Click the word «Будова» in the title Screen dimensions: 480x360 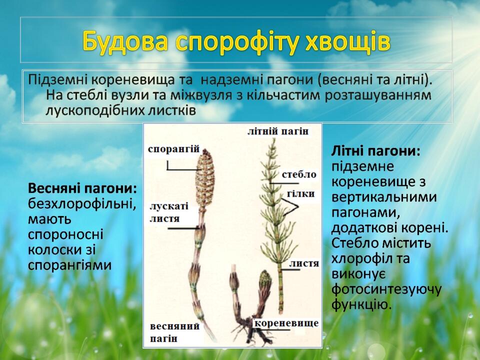[x=125, y=41]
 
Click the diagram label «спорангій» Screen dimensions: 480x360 [x=173, y=149]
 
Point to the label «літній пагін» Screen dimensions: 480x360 [x=278, y=131]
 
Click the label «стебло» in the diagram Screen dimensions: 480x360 [x=299, y=174]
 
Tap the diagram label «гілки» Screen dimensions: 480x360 [x=301, y=193]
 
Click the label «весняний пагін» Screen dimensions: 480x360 [x=174, y=332]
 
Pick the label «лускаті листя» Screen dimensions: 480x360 [x=169, y=212]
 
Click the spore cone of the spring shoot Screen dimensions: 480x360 [x=205, y=179]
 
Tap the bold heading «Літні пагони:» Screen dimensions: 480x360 [x=376, y=151]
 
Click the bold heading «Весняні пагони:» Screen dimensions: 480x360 [x=82, y=188]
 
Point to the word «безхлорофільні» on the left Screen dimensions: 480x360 [x=82, y=203]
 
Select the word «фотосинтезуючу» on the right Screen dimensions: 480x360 [x=386, y=289]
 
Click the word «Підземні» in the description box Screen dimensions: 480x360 [x=58, y=80]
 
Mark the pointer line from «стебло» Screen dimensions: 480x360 [x=283, y=183]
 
